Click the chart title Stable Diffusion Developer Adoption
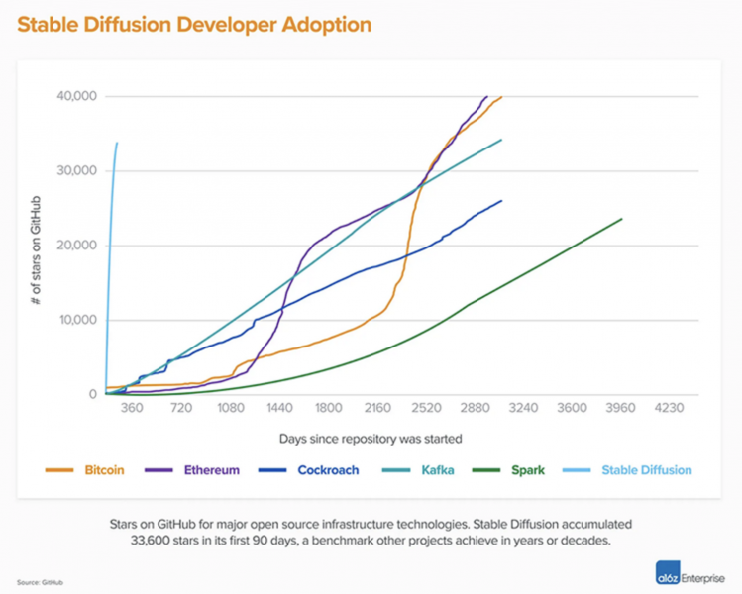point(193,25)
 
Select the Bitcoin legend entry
point(89,470)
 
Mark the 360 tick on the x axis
point(133,408)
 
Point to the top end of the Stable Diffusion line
point(117,143)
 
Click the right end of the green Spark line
point(621,219)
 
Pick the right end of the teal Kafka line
point(502,140)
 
